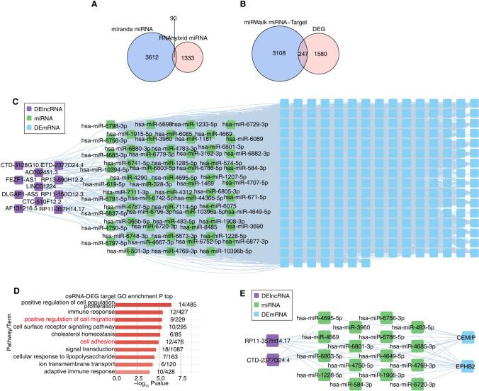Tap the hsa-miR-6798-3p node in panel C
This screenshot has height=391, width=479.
click(111, 123)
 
